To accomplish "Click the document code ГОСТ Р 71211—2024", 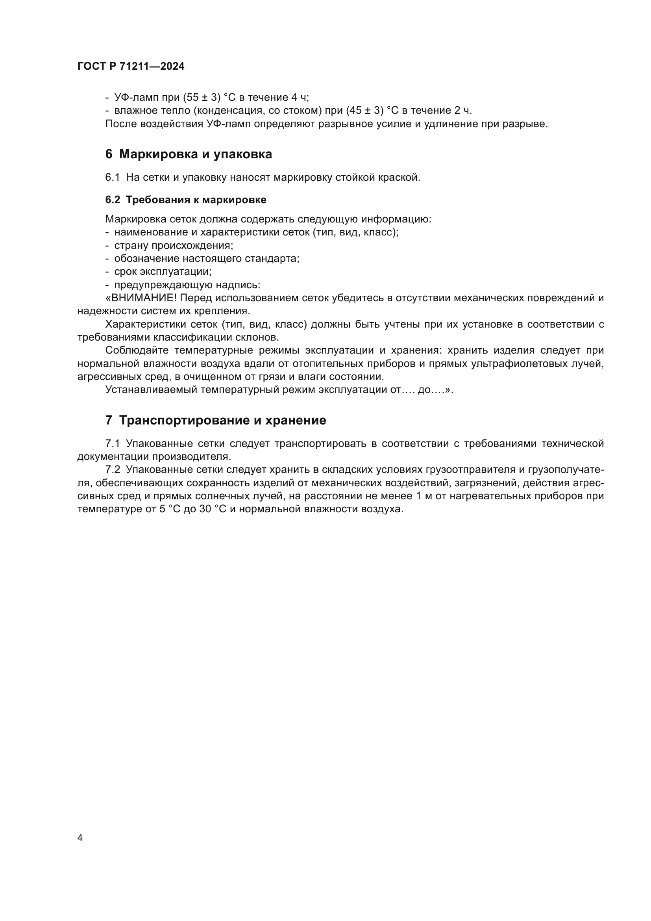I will coord(131,66).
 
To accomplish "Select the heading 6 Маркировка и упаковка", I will coord(189,154).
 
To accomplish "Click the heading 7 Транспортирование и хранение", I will coord(216,421).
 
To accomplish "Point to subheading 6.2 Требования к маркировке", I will coord(186,200).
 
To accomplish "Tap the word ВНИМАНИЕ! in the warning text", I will coord(143,298).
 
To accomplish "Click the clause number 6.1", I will coord(113,177).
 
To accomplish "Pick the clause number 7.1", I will coord(113,444).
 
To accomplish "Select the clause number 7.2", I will coord(113,470).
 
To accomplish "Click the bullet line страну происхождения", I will coord(174,245).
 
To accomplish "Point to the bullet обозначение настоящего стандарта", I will coord(207,259).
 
